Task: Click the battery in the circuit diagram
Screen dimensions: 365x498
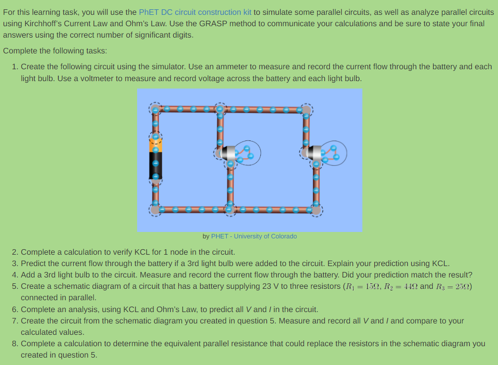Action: [x=155, y=158]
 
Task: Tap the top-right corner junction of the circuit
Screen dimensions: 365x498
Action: [x=306, y=109]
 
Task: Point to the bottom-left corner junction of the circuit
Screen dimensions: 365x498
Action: [x=155, y=210]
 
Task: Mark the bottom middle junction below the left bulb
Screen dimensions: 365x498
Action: [x=230, y=210]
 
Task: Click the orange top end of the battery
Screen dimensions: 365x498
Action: [x=155, y=144]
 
